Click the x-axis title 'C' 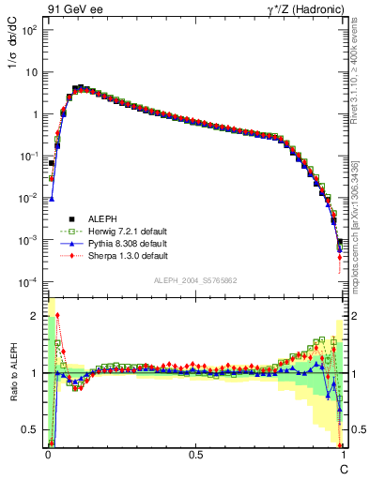click(x=344, y=468)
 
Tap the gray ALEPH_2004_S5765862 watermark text click(x=196, y=280)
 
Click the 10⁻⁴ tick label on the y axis click(x=30, y=282)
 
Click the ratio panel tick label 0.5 click(x=33, y=430)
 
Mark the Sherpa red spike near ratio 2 click(x=58, y=316)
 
